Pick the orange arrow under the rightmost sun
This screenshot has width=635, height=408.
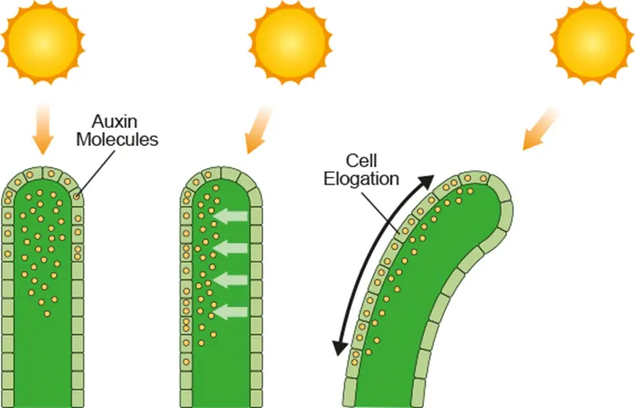tap(539, 128)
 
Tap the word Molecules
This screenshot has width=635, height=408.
tap(119, 141)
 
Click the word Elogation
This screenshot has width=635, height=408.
tap(362, 178)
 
